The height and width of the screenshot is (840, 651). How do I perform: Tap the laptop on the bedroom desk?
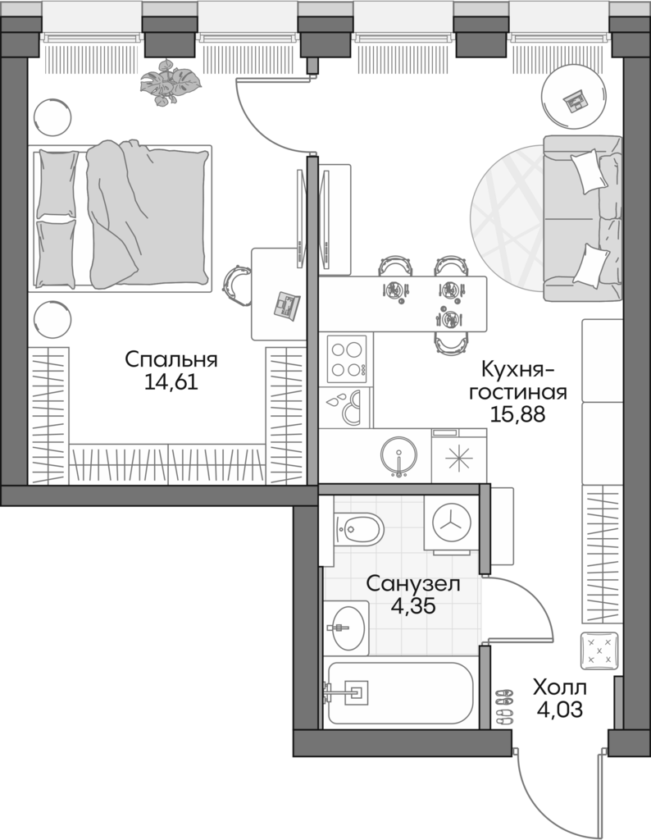click(x=287, y=303)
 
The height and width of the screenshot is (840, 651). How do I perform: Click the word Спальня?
click(x=171, y=359)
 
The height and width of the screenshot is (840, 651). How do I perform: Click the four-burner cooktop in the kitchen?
click(x=346, y=358)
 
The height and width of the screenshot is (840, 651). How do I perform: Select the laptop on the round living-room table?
click(x=576, y=100)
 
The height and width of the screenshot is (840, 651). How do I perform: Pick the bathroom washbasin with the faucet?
click(x=347, y=628)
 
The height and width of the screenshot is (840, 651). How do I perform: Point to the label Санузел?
click(x=412, y=584)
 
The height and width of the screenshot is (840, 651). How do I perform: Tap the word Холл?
click(x=560, y=687)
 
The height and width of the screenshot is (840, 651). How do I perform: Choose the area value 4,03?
click(x=560, y=710)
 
